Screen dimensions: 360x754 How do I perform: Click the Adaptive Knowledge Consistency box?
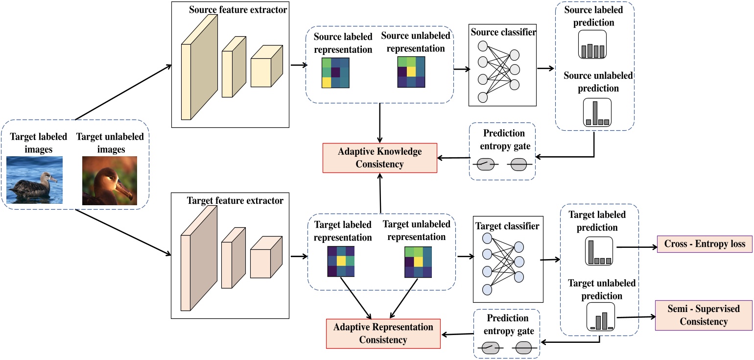pos(379,158)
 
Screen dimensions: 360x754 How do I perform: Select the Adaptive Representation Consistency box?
pos(383,333)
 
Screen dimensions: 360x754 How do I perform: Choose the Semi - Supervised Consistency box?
pos(703,315)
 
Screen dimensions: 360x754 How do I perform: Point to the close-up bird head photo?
pos(109,180)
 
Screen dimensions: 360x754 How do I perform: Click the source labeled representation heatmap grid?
pos(335,73)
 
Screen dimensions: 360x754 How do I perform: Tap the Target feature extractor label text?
pos(235,201)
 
